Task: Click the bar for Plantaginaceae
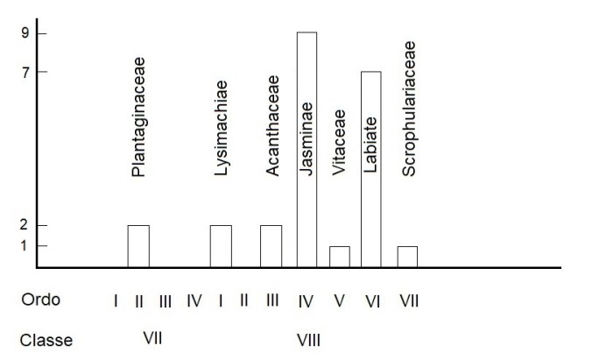pyautogui.click(x=138, y=246)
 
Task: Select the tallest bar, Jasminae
pyautogui.click(x=307, y=149)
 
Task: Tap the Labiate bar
pyautogui.click(x=370, y=169)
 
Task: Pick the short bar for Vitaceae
pyautogui.click(x=340, y=257)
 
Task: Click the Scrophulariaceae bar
pyautogui.click(x=407, y=257)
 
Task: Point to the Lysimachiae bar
pyautogui.click(x=221, y=246)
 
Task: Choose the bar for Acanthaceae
pyautogui.click(x=271, y=246)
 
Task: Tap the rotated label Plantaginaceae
pyautogui.click(x=138, y=117)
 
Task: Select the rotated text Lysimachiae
pyautogui.click(x=221, y=129)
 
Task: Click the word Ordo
pyautogui.click(x=42, y=300)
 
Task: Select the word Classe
pyautogui.click(x=48, y=340)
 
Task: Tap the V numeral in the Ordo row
pyautogui.click(x=340, y=301)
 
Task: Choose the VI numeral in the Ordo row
pyautogui.click(x=372, y=301)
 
